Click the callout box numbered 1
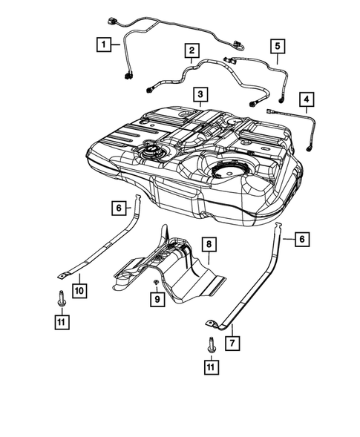[x=104, y=45]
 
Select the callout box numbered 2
[x=192, y=50]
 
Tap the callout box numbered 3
[x=200, y=94]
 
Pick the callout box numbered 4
[x=307, y=99]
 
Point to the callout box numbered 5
[x=278, y=46]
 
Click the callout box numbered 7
[x=232, y=343]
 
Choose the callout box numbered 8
[x=209, y=244]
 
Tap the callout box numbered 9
[x=157, y=299]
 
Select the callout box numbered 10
[x=79, y=291]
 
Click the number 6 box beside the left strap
[x=119, y=208]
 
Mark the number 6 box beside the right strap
[x=302, y=239]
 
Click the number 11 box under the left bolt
[x=62, y=322]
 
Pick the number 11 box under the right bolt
[x=212, y=367]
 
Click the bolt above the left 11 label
[x=61, y=299]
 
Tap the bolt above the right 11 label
[x=211, y=346]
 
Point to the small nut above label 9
[x=156, y=282]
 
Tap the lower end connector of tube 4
[x=309, y=148]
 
